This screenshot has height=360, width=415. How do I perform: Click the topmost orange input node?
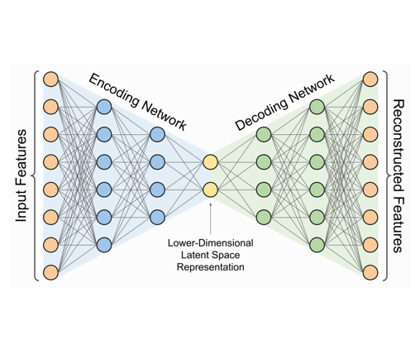(51, 80)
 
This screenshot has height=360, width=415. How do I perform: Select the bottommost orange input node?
(51, 271)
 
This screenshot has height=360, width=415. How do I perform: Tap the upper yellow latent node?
(210, 162)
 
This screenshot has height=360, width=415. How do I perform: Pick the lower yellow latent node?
(210, 190)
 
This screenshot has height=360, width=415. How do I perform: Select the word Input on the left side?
(21, 198)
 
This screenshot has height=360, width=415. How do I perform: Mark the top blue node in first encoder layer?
(103, 108)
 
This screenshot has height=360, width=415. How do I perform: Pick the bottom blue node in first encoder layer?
(103, 245)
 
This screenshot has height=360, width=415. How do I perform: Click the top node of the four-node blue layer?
(158, 135)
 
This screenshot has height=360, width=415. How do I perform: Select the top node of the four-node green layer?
(264, 135)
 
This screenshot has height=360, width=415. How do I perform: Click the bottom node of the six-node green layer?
(317, 245)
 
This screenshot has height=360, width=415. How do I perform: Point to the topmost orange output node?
(370, 80)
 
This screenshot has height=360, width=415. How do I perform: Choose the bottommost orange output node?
(370, 271)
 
